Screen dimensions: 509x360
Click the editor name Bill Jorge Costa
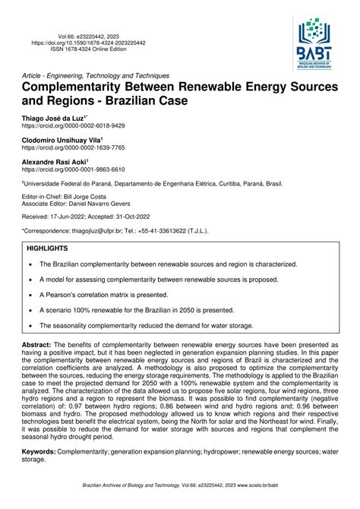97,198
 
